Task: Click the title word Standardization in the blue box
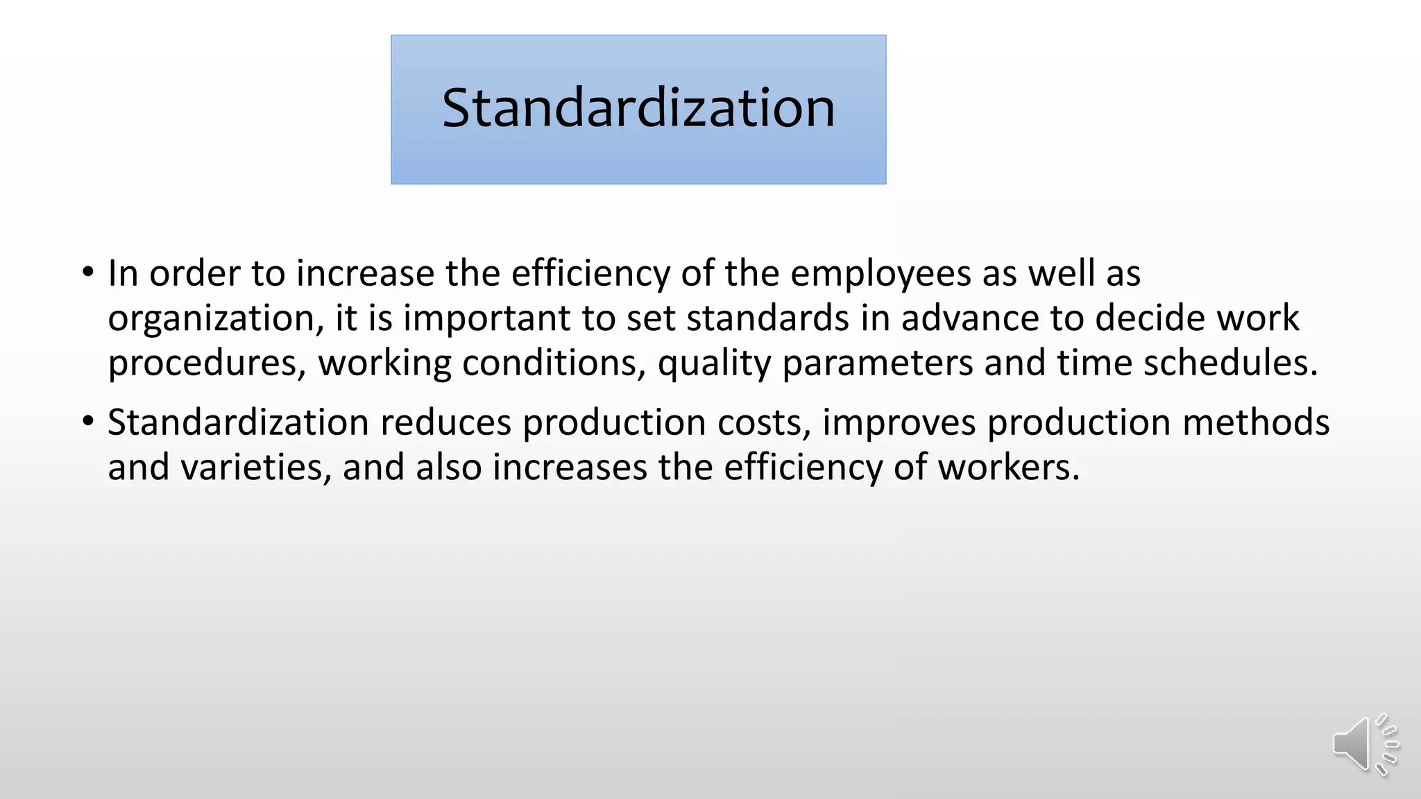(x=638, y=108)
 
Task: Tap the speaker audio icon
(x=1363, y=744)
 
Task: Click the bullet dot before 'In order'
(x=87, y=272)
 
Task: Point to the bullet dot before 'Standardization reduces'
(x=87, y=421)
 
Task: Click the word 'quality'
(x=714, y=363)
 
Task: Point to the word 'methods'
(x=1256, y=422)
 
